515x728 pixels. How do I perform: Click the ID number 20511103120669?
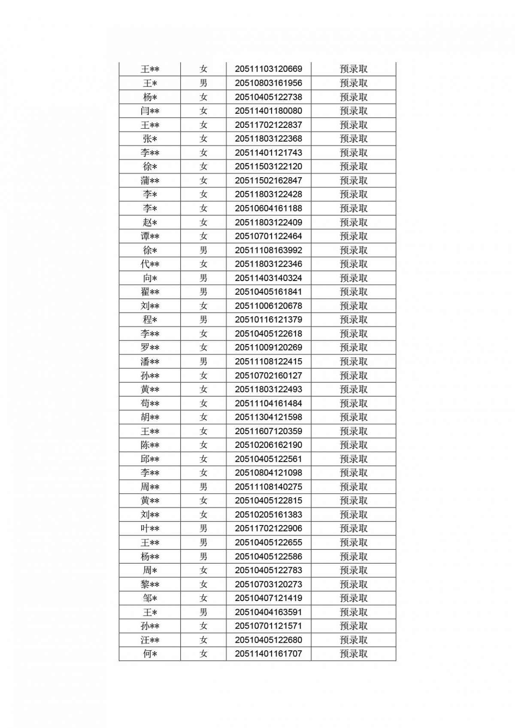tap(268, 69)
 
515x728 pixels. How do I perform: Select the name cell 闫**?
tap(150, 111)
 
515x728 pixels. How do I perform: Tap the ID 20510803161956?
tap(268, 83)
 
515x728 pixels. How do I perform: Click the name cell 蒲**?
tap(150, 181)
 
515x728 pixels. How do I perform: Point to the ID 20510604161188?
tap(268, 208)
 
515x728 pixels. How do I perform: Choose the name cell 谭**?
tap(150, 236)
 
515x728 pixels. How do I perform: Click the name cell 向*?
tap(150, 278)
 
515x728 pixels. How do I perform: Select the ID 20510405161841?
tap(268, 292)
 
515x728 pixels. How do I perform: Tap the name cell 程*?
tap(150, 320)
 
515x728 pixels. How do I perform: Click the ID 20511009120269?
tap(268, 347)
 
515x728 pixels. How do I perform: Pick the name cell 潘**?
tap(150, 362)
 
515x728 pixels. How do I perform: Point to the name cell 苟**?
tap(150, 403)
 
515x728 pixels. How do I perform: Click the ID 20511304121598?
tap(268, 417)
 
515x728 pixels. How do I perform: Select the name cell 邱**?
tap(150, 459)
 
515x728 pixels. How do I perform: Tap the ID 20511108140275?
tap(268, 487)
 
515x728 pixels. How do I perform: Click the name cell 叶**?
tap(150, 529)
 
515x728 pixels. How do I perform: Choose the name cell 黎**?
tap(150, 584)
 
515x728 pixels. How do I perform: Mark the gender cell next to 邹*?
tap(203, 598)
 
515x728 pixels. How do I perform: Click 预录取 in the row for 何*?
tap(354, 654)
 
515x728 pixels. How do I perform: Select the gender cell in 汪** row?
tap(203, 640)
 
